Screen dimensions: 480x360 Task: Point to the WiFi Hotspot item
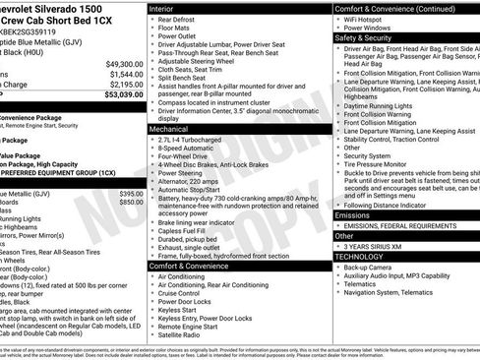pos(369,20)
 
